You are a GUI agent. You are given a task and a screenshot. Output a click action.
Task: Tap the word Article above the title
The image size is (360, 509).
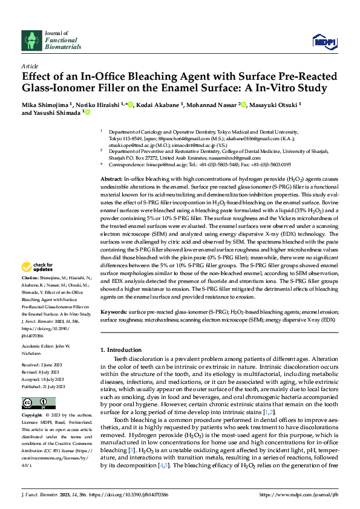click(x=30, y=65)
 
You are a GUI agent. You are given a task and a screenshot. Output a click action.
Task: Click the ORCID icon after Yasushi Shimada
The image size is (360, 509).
click(x=87, y=112)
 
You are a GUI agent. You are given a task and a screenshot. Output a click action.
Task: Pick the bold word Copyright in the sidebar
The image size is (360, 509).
click(x=32, y=416)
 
